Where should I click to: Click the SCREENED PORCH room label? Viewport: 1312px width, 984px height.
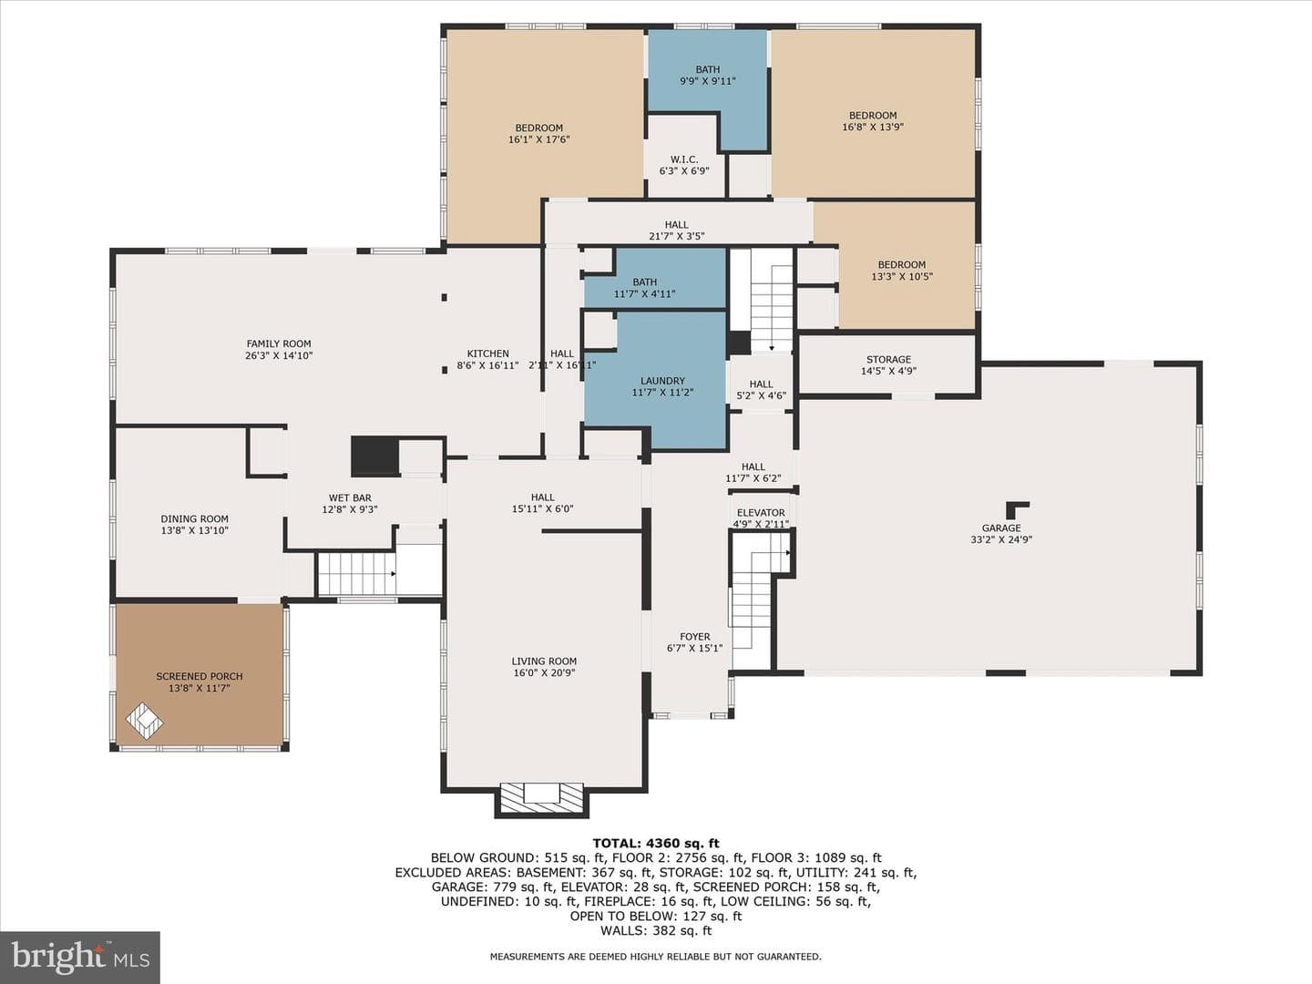199,676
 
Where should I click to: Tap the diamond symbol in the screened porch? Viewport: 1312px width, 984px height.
144,721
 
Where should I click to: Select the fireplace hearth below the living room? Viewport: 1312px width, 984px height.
541,799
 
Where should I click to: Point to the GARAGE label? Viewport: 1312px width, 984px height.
1001,528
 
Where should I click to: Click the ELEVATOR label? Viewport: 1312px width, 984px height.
761,513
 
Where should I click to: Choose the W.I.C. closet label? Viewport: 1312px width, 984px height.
684,159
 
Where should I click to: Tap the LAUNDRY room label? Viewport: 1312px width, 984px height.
662,381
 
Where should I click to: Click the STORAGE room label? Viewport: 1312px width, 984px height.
889,359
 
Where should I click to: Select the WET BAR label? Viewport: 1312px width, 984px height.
350,497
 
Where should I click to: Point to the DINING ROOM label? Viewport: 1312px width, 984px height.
194,518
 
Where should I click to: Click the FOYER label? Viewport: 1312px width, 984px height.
694,636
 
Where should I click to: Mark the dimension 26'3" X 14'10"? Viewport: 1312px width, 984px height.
279,355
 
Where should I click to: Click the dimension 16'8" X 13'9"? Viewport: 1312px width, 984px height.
873,127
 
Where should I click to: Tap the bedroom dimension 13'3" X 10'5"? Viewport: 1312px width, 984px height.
901,276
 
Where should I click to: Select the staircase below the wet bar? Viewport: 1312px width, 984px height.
357,574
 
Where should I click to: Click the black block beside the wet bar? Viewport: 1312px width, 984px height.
374,456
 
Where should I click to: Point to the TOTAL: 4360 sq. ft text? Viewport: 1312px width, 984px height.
656,843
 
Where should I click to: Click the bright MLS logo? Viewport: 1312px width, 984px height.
80,957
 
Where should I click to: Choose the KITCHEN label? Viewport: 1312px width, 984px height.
487,354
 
